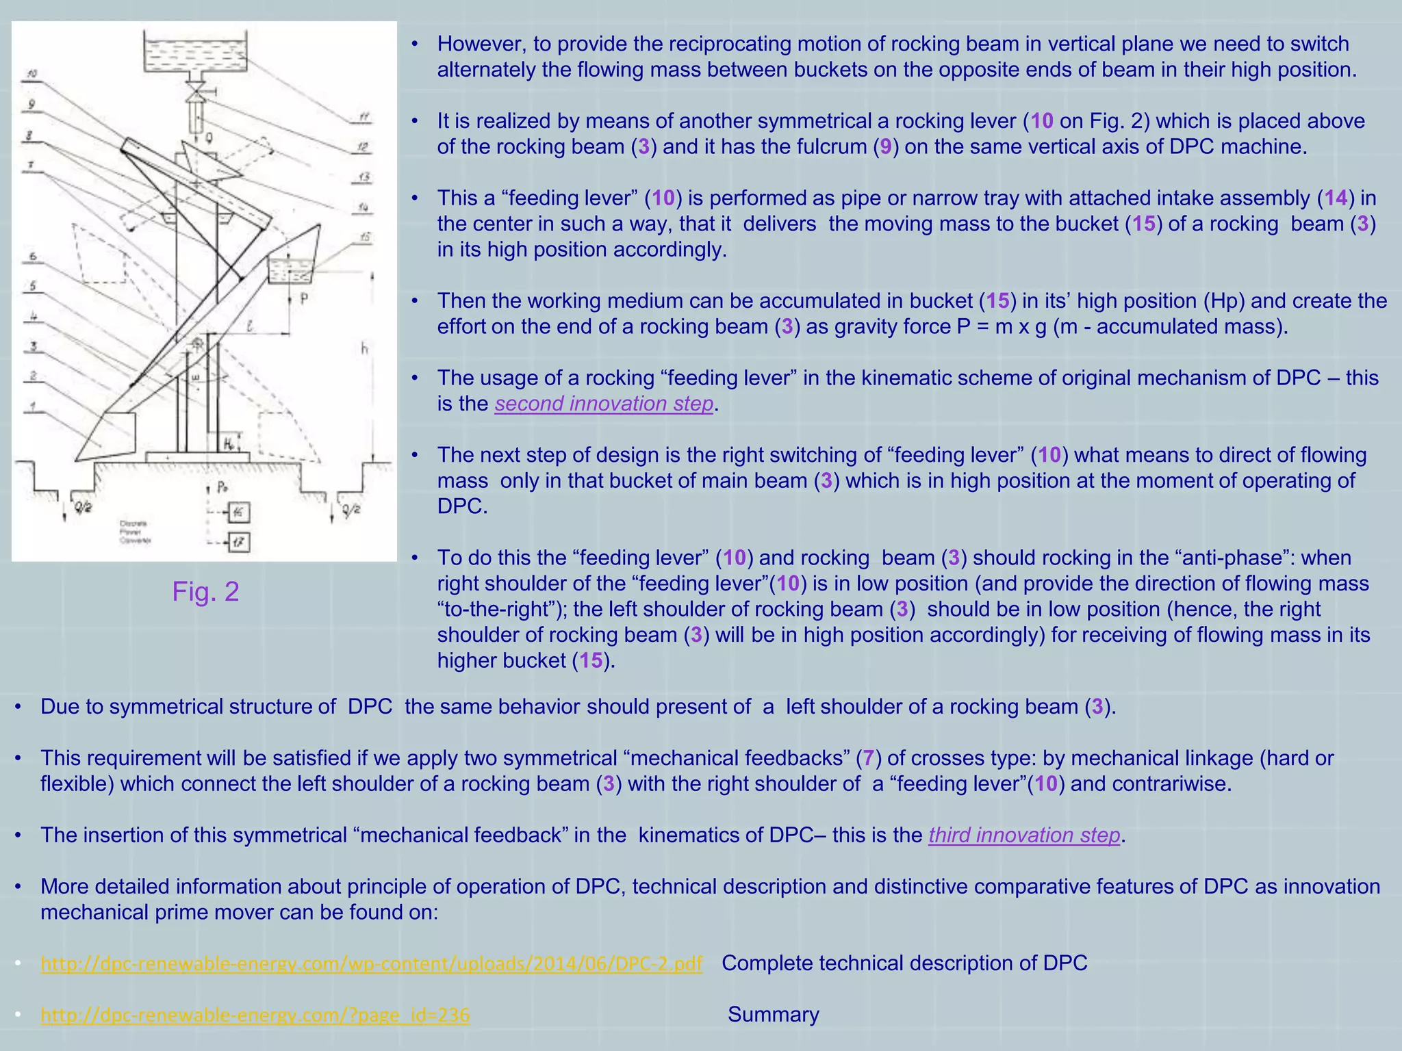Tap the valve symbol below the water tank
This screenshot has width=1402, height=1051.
pos(196,90)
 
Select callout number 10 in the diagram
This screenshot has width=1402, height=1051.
pos(31,74)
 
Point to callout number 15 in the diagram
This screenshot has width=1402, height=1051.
pos(366,237)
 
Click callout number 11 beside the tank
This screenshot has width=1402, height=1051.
pos(364,117)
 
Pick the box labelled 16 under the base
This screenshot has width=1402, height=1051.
pos(238,512)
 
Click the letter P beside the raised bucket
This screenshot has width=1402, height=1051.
pos(304,299)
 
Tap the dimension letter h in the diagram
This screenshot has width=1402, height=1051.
pos(365,349)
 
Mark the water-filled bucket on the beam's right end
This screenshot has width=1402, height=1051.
pos(290,270)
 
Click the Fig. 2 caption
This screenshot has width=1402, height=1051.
pos(205,591)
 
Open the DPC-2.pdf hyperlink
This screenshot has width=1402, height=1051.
pos(371,963)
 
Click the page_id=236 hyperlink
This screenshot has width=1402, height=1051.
pos(255,1015)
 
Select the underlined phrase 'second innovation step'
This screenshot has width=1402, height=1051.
pos(604,404)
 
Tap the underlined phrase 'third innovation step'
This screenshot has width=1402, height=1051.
pos(1024,835)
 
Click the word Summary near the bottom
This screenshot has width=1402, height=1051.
pos(773,1014)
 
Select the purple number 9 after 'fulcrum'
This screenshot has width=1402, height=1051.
pos(886,147)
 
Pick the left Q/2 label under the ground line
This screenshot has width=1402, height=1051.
pos(83,507)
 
